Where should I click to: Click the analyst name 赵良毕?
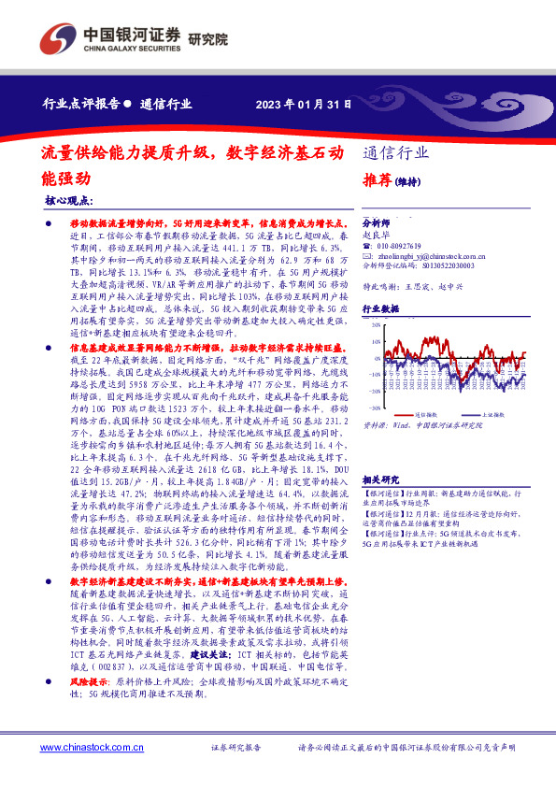tap(375, 236)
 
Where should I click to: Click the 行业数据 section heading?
tap(380, 308)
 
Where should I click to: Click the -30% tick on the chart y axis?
tap(374, 408)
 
